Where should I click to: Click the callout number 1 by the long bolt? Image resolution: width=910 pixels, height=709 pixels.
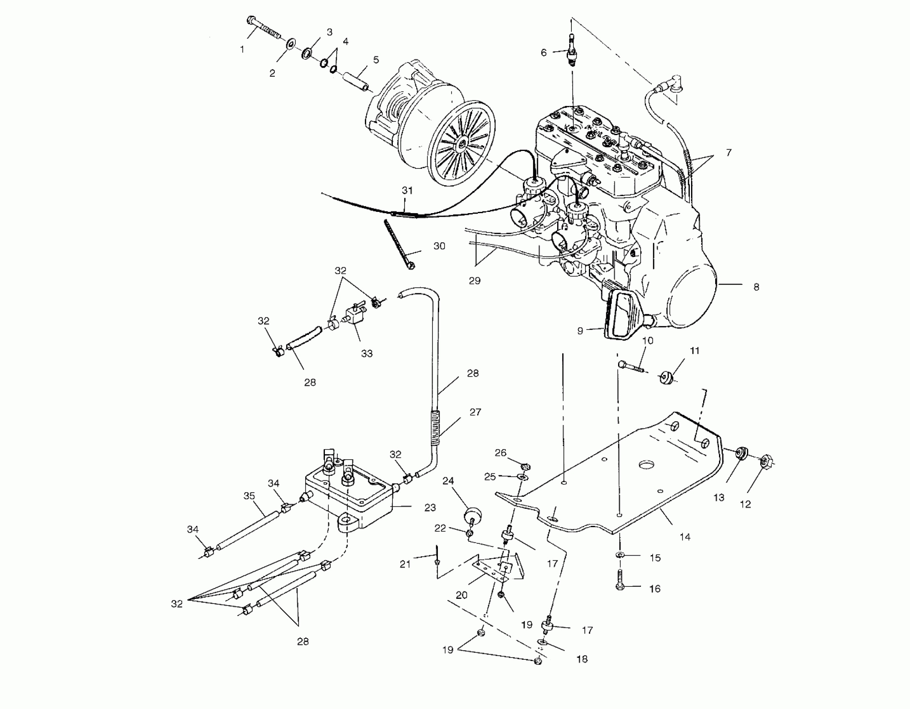242,50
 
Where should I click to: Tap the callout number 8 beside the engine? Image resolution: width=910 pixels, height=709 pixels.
756,287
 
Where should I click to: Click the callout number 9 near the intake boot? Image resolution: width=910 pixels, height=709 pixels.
580,331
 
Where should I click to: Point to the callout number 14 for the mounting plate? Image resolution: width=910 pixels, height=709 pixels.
685,537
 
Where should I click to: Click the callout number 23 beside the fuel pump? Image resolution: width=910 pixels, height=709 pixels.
430,508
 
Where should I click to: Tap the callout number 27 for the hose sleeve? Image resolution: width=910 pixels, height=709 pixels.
475,412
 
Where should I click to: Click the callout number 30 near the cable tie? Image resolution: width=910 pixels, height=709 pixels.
439,246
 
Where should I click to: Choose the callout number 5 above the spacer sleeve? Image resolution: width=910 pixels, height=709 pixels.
376,60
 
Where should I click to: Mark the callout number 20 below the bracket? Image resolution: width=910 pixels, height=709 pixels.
461,595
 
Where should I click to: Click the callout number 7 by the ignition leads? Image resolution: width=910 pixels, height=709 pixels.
728,153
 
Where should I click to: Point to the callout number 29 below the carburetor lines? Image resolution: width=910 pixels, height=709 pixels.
475,281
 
